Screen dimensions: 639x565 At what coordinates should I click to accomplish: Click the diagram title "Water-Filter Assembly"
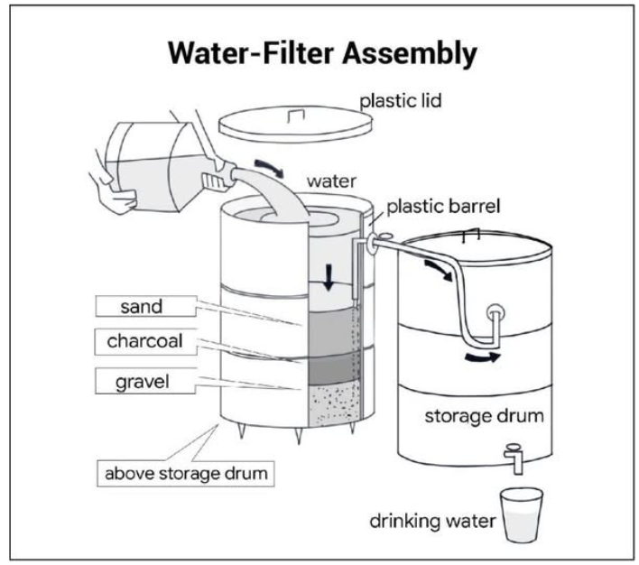(x=322, y=53)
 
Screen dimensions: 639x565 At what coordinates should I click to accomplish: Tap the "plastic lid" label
(x=401, y=101)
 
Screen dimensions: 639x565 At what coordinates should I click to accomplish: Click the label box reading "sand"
(x=146, y=307)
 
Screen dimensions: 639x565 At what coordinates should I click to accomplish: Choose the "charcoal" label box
(x=146, y=341)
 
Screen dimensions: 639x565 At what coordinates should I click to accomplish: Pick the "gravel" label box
(x=145, y=381)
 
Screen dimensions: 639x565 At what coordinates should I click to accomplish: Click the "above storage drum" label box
(x=186, y=474)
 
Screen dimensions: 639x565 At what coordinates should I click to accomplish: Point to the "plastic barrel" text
(x=443, y=207)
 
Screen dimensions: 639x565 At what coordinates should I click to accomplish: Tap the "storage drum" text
(x=484, y=416)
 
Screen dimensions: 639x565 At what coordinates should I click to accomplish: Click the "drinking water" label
(x=432, y=521)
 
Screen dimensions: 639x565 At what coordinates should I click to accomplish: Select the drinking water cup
(x=522, y=515)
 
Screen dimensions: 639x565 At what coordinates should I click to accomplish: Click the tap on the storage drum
(x=514, y=458)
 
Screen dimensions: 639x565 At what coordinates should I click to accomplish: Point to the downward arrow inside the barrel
(x=329, y=278)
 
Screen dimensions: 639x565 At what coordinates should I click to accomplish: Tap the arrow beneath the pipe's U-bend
(x=483, y=357)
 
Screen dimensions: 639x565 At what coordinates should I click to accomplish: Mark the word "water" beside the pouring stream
(x=331, y=181)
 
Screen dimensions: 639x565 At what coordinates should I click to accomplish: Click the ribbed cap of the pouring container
(x=214, y=181)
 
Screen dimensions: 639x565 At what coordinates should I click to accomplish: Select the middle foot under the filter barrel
(x=299, y=436)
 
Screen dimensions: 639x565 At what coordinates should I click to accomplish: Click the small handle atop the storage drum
(x=471, y=235)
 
